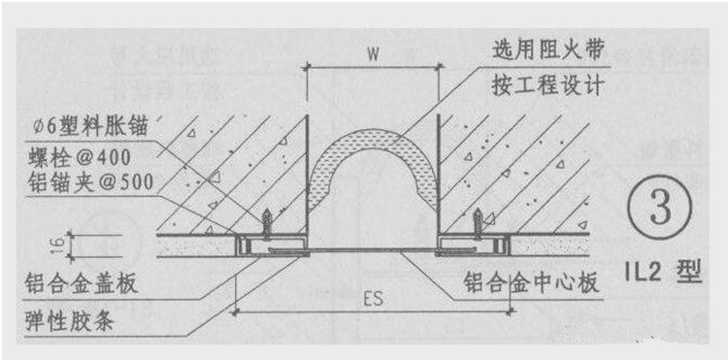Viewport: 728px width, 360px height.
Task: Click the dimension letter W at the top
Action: point(372,55)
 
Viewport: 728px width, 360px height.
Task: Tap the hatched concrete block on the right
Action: point(524,165)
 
